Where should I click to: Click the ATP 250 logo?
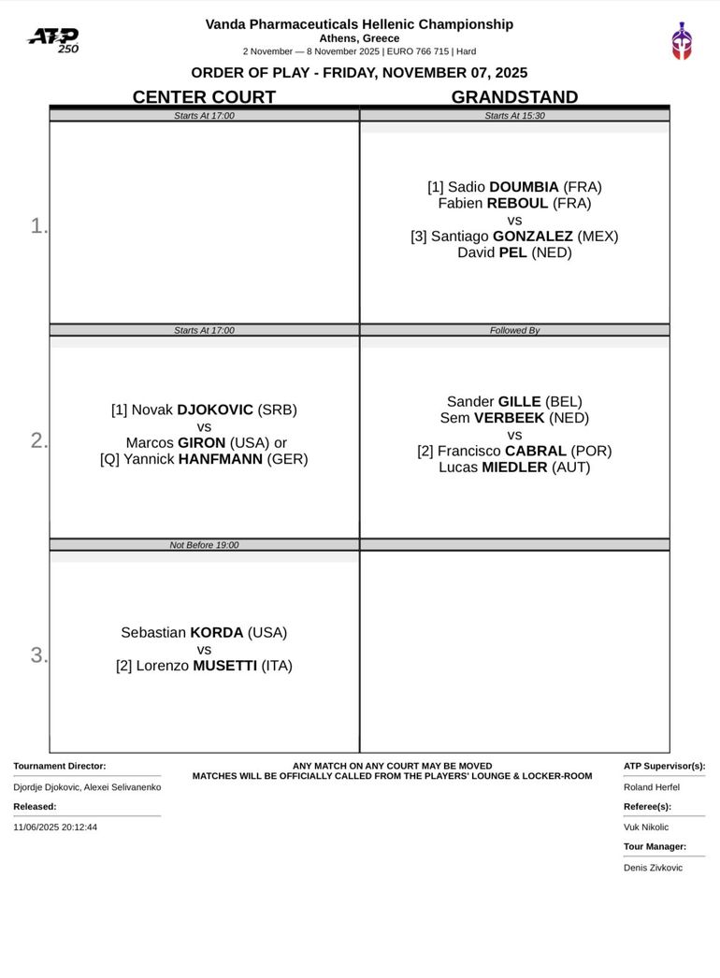click(x=53, y=39)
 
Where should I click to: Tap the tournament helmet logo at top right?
click(x=682, y=41)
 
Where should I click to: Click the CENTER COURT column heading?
click(x=204, y=97)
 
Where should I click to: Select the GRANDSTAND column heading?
click(x=514, y=97)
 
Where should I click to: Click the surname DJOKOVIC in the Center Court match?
click(x=215, y=410)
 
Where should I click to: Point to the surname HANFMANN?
click(x=221, y=459)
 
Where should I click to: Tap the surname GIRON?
click(x=202, y=442)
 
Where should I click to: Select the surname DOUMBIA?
click(x=524, y=187)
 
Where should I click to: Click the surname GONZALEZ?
click(x=532, y=237)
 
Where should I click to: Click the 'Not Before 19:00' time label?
click(x=204, y=545)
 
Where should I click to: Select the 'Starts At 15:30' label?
click(x=514, y=116)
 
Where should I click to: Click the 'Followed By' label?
click(x=514, y=330)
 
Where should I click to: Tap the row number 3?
click(x=38, y=655)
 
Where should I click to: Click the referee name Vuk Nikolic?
click(x=646, y=827)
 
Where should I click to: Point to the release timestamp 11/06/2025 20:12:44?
click(x=55, y=827)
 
